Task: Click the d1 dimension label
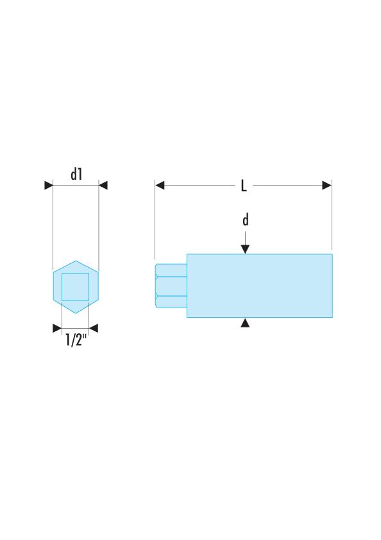point(76,174)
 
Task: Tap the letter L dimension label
point(244,186)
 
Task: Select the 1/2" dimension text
point(76,340)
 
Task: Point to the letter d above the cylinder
point(246,220)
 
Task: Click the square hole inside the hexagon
point(76,287)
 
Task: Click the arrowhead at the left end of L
point(160,186)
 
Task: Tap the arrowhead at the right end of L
point(327,186)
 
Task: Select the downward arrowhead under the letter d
point(245,249)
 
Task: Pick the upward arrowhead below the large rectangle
point(245,322)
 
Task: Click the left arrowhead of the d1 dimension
point(49,186)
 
